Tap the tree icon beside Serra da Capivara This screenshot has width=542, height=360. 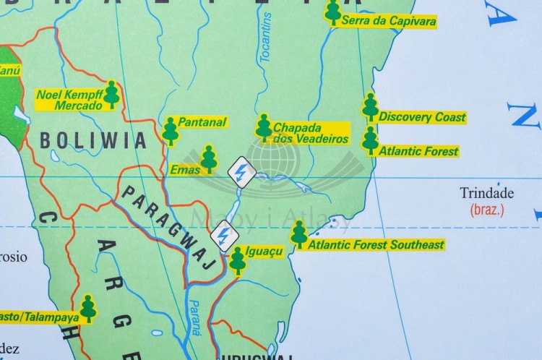[332, 12]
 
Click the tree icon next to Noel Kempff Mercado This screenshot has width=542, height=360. [111, 94]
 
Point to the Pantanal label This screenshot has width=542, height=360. [202, 122]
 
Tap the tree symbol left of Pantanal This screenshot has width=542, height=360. [170, 130]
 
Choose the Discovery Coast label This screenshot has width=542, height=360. [422, 117]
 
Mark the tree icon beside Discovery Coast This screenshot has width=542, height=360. [370, 107]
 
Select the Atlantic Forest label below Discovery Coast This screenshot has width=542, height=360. [418, 152]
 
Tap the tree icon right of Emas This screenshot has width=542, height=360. [209, 159]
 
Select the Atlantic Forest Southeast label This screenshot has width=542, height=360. [376, 245]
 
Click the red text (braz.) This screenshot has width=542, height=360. [486, 210]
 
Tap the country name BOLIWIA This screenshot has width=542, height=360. [93, 139]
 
